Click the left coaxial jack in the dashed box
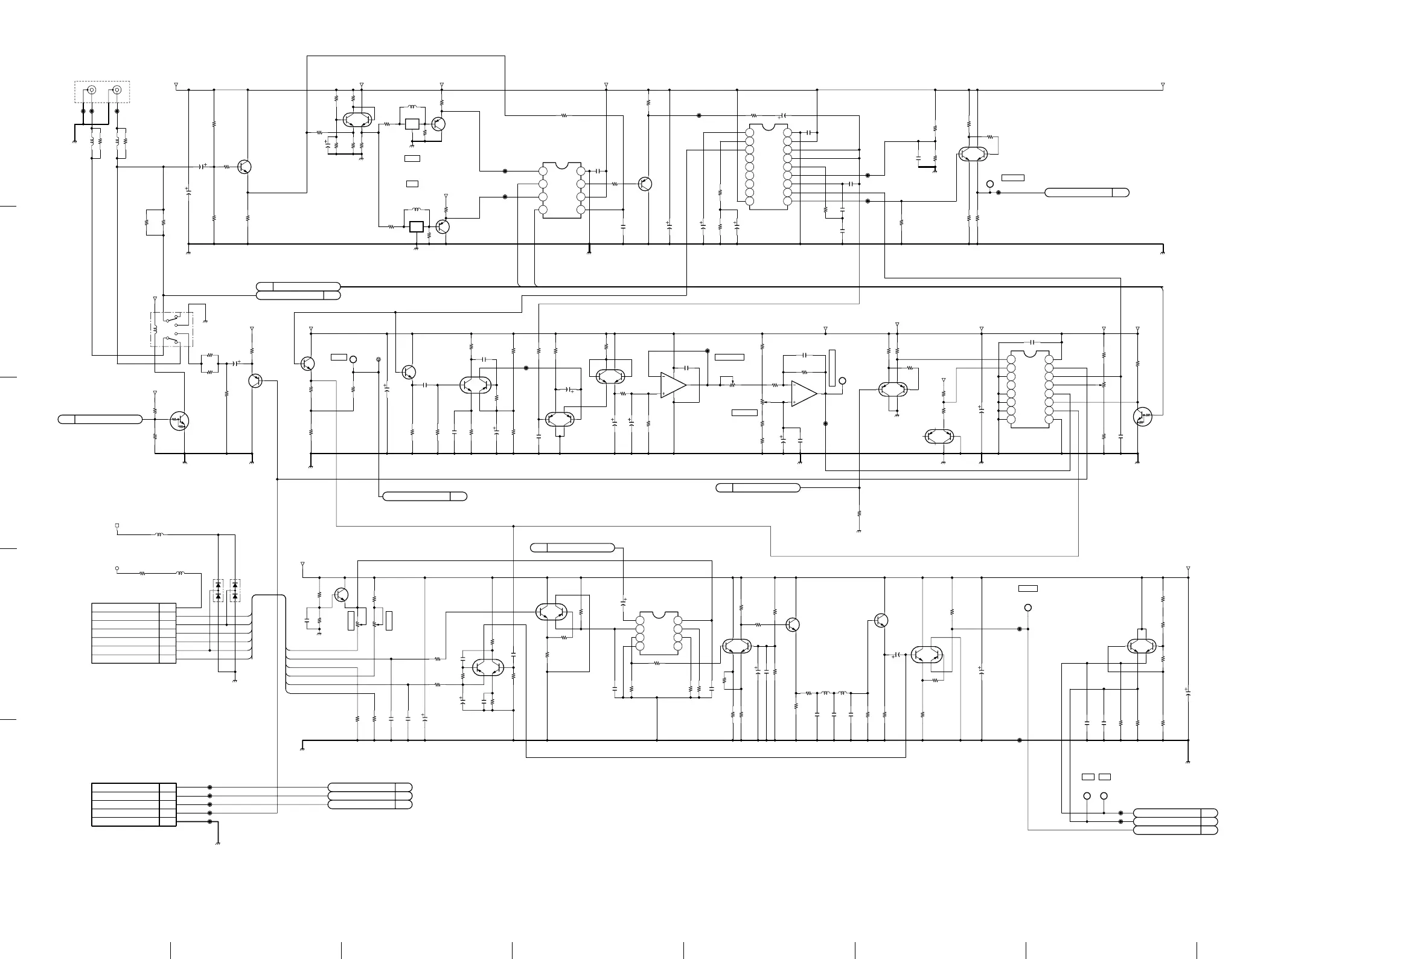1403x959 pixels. tap(92, 91)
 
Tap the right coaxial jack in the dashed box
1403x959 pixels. tap(117, 91)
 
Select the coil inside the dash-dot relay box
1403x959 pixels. tap(155, 330)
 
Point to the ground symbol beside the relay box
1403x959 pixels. tap(206, 321)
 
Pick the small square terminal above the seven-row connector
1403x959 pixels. tap(117, 525)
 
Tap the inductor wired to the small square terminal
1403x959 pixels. tap(159, 534)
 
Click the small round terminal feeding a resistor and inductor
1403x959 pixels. tap(117, 568)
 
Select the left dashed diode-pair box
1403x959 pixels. tap(218, 591)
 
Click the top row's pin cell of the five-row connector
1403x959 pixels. tap(168, 787)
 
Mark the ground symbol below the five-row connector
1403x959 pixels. tap(218, 842)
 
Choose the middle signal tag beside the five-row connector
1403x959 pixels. tap(369, 796)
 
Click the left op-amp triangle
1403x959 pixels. tap(673, 385)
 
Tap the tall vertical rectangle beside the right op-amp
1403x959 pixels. tap(831, 368)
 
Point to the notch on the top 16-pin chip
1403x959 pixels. tap(769, 127)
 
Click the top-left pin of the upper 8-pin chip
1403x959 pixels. tap(542, 172)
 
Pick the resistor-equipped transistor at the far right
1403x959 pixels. tap(1142, 417)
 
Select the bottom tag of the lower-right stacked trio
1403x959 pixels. tap(1175, 830)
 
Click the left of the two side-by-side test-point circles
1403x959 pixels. tap(1087, 796)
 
